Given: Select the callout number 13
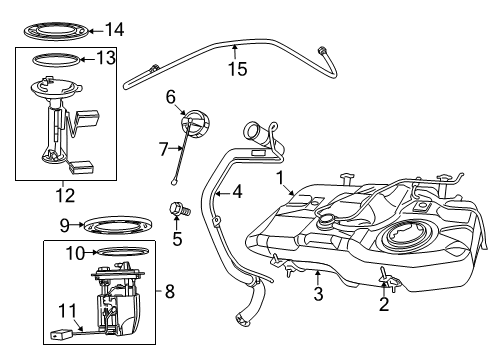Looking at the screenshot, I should coord(104,60).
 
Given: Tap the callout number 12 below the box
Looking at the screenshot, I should coord(67,193).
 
